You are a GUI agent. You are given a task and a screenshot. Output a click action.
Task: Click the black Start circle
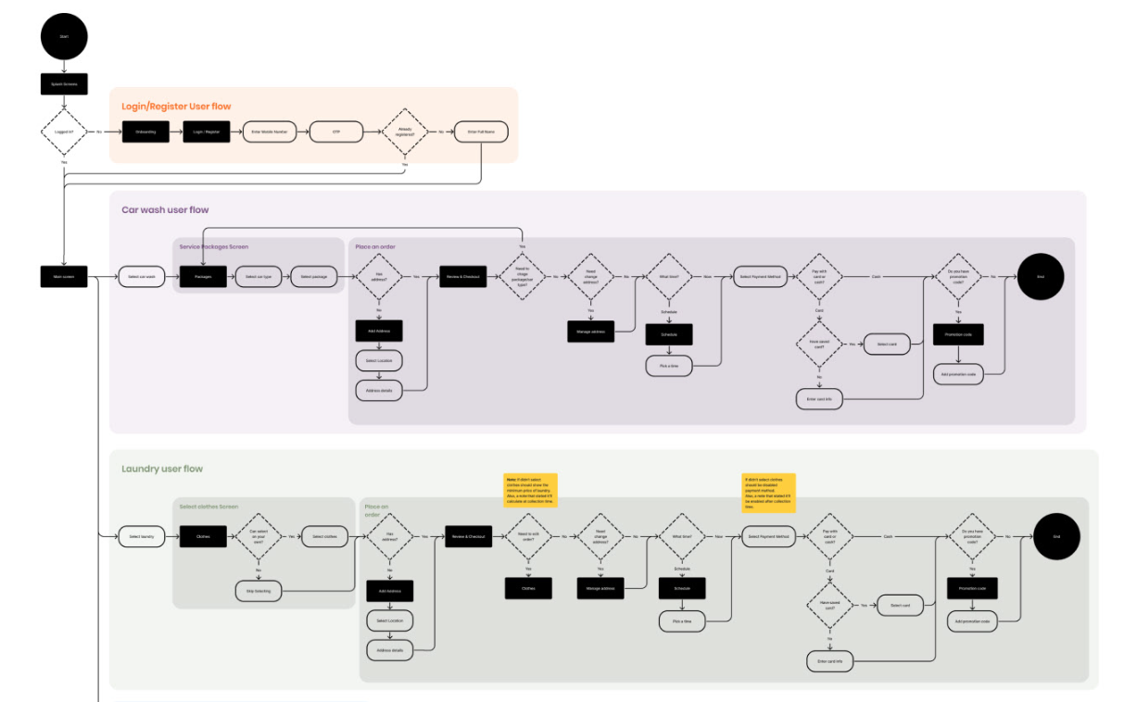[64, 36]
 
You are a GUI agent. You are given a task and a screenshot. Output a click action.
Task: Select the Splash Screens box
[64, 84]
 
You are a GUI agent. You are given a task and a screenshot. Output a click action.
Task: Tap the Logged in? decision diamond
[64, 132]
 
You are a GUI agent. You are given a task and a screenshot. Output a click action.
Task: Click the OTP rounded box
[335, 132]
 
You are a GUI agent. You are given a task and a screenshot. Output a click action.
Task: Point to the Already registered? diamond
[406, 132]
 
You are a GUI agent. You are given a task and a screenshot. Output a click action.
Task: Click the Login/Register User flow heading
[176, 107]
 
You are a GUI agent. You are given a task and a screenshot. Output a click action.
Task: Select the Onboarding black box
[145, 132]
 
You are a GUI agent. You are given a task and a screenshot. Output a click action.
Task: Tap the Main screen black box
[64, 276]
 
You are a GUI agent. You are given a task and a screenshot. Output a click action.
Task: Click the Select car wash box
[142, 276]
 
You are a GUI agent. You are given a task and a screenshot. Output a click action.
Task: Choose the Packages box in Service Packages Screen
[203, 276]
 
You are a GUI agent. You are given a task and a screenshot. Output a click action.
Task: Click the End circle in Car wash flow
[1041, 276]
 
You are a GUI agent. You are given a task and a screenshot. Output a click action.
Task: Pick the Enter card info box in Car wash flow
[819, 399]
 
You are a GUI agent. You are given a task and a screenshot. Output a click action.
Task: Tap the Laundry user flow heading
[162, 469]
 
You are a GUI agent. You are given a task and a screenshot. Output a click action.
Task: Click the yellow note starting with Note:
[528, 487]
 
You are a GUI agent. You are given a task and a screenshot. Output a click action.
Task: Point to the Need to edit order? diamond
[528, 536]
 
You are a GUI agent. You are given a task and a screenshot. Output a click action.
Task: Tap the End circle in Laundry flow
[1055, 536]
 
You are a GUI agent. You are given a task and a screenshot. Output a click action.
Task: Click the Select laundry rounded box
[142, 536]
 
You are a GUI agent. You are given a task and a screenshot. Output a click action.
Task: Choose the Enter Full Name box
[480, 132]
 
